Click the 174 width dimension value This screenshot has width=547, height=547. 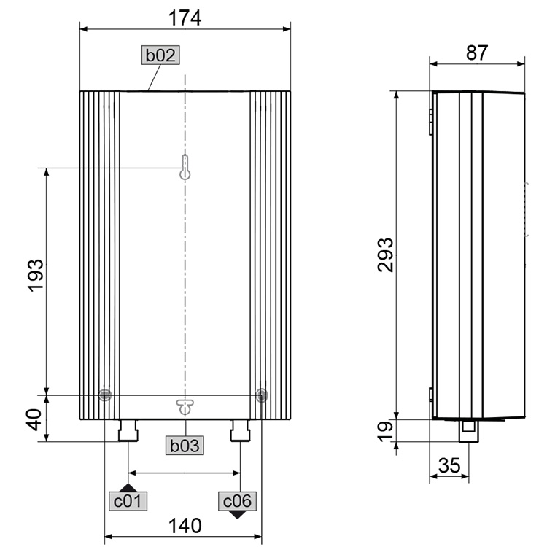pyautogui.click(x=185, y=17)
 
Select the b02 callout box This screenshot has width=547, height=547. pyautogui.click(x=160, y=55)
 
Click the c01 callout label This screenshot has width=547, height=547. pyautogui.click(x=128, y=501)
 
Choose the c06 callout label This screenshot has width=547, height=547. pyautogui.click(x=238, y=501)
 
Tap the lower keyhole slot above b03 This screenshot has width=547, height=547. pyautogui.click(x=186, y=406)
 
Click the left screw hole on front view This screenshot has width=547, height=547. pyautogui.click(x=105, y=395)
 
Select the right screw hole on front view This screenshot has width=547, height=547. pyautogui.click(x=261, y=395)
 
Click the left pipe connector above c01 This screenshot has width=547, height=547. pyautogui.click(x=128, y=431)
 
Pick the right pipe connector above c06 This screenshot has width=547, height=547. pyautogui.click(x=241, y=431)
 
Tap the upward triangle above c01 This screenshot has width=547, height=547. pyautogui.click(x=128, y=487)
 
